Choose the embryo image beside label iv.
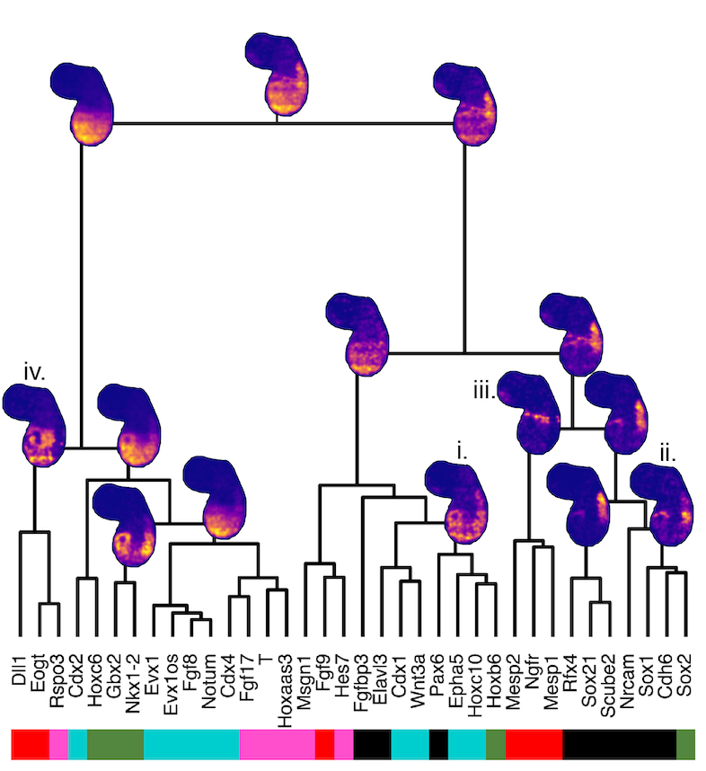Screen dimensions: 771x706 tap(34, 424)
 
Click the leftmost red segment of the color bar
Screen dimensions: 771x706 tap(30, 742)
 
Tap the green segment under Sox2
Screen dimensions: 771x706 tap(685, 742)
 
